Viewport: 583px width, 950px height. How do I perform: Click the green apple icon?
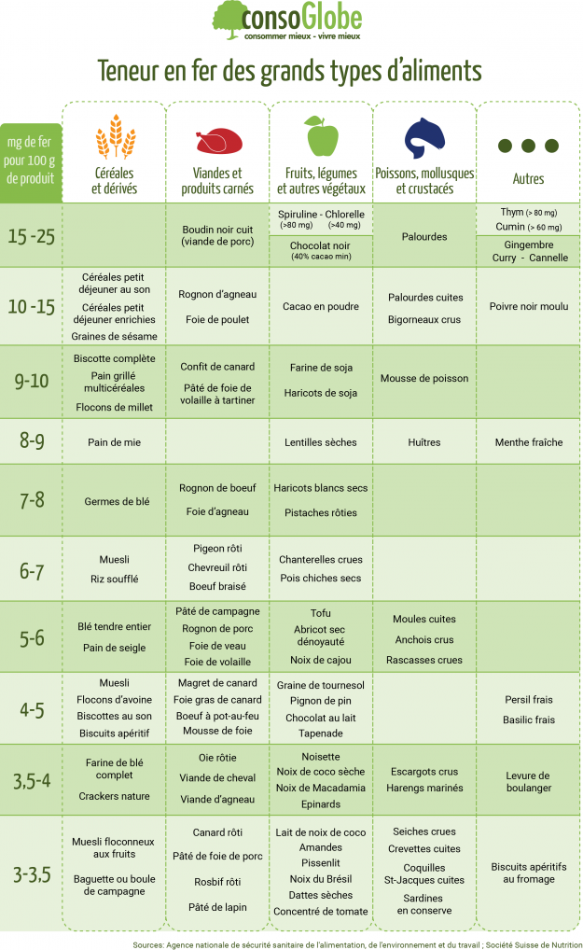click(322, 136)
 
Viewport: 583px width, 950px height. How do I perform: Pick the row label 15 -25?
click(32, 235)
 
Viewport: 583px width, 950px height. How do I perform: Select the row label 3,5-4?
click(32, 780)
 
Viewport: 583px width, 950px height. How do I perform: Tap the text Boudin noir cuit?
click(216, 229)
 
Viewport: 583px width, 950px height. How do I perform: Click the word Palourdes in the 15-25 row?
click(424, 236)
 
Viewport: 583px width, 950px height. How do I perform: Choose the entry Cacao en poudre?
click(320, 306)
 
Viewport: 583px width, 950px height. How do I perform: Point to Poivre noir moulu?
click(528, 306)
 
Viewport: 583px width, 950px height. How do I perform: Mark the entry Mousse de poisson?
click(424, 379)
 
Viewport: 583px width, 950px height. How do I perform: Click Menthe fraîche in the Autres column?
click(528, 442)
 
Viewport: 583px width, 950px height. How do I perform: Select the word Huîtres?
click(424, 442)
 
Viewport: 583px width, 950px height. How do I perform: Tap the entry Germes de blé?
click(117, 501)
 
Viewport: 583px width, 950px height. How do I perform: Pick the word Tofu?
click(320, 613)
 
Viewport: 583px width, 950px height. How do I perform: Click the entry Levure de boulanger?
click(528, 781)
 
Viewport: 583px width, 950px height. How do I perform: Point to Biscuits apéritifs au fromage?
click(528, 873)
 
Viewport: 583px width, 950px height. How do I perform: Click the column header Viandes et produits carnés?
click(216, 181)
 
